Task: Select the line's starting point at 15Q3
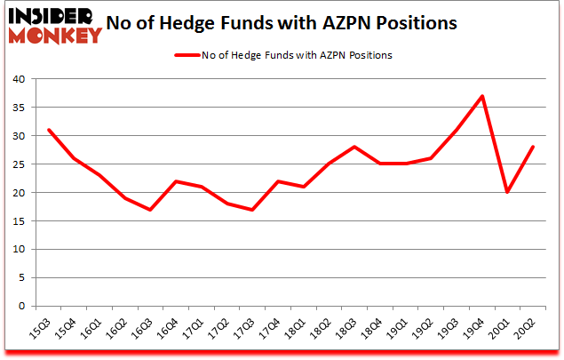click(49, 130)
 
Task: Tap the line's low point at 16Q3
click(151, 210)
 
